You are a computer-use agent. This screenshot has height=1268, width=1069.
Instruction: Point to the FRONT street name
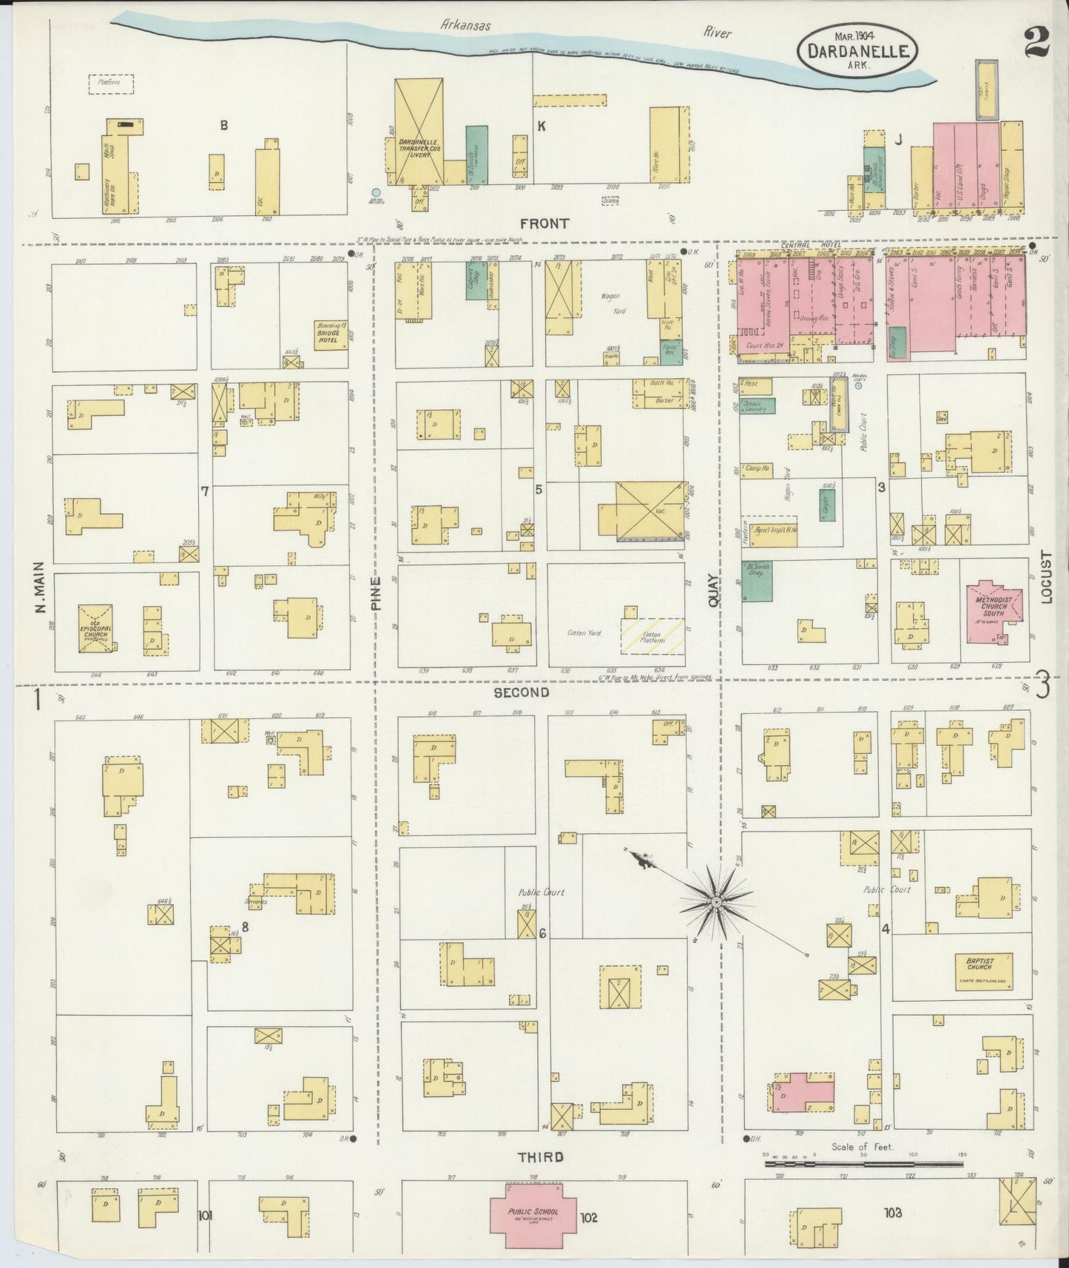(544, 223)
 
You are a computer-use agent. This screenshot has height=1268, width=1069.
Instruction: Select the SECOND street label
(522, 692)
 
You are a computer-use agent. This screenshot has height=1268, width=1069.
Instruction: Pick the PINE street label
(376, 594)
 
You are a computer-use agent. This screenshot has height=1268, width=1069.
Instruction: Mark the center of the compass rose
(716, 903)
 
